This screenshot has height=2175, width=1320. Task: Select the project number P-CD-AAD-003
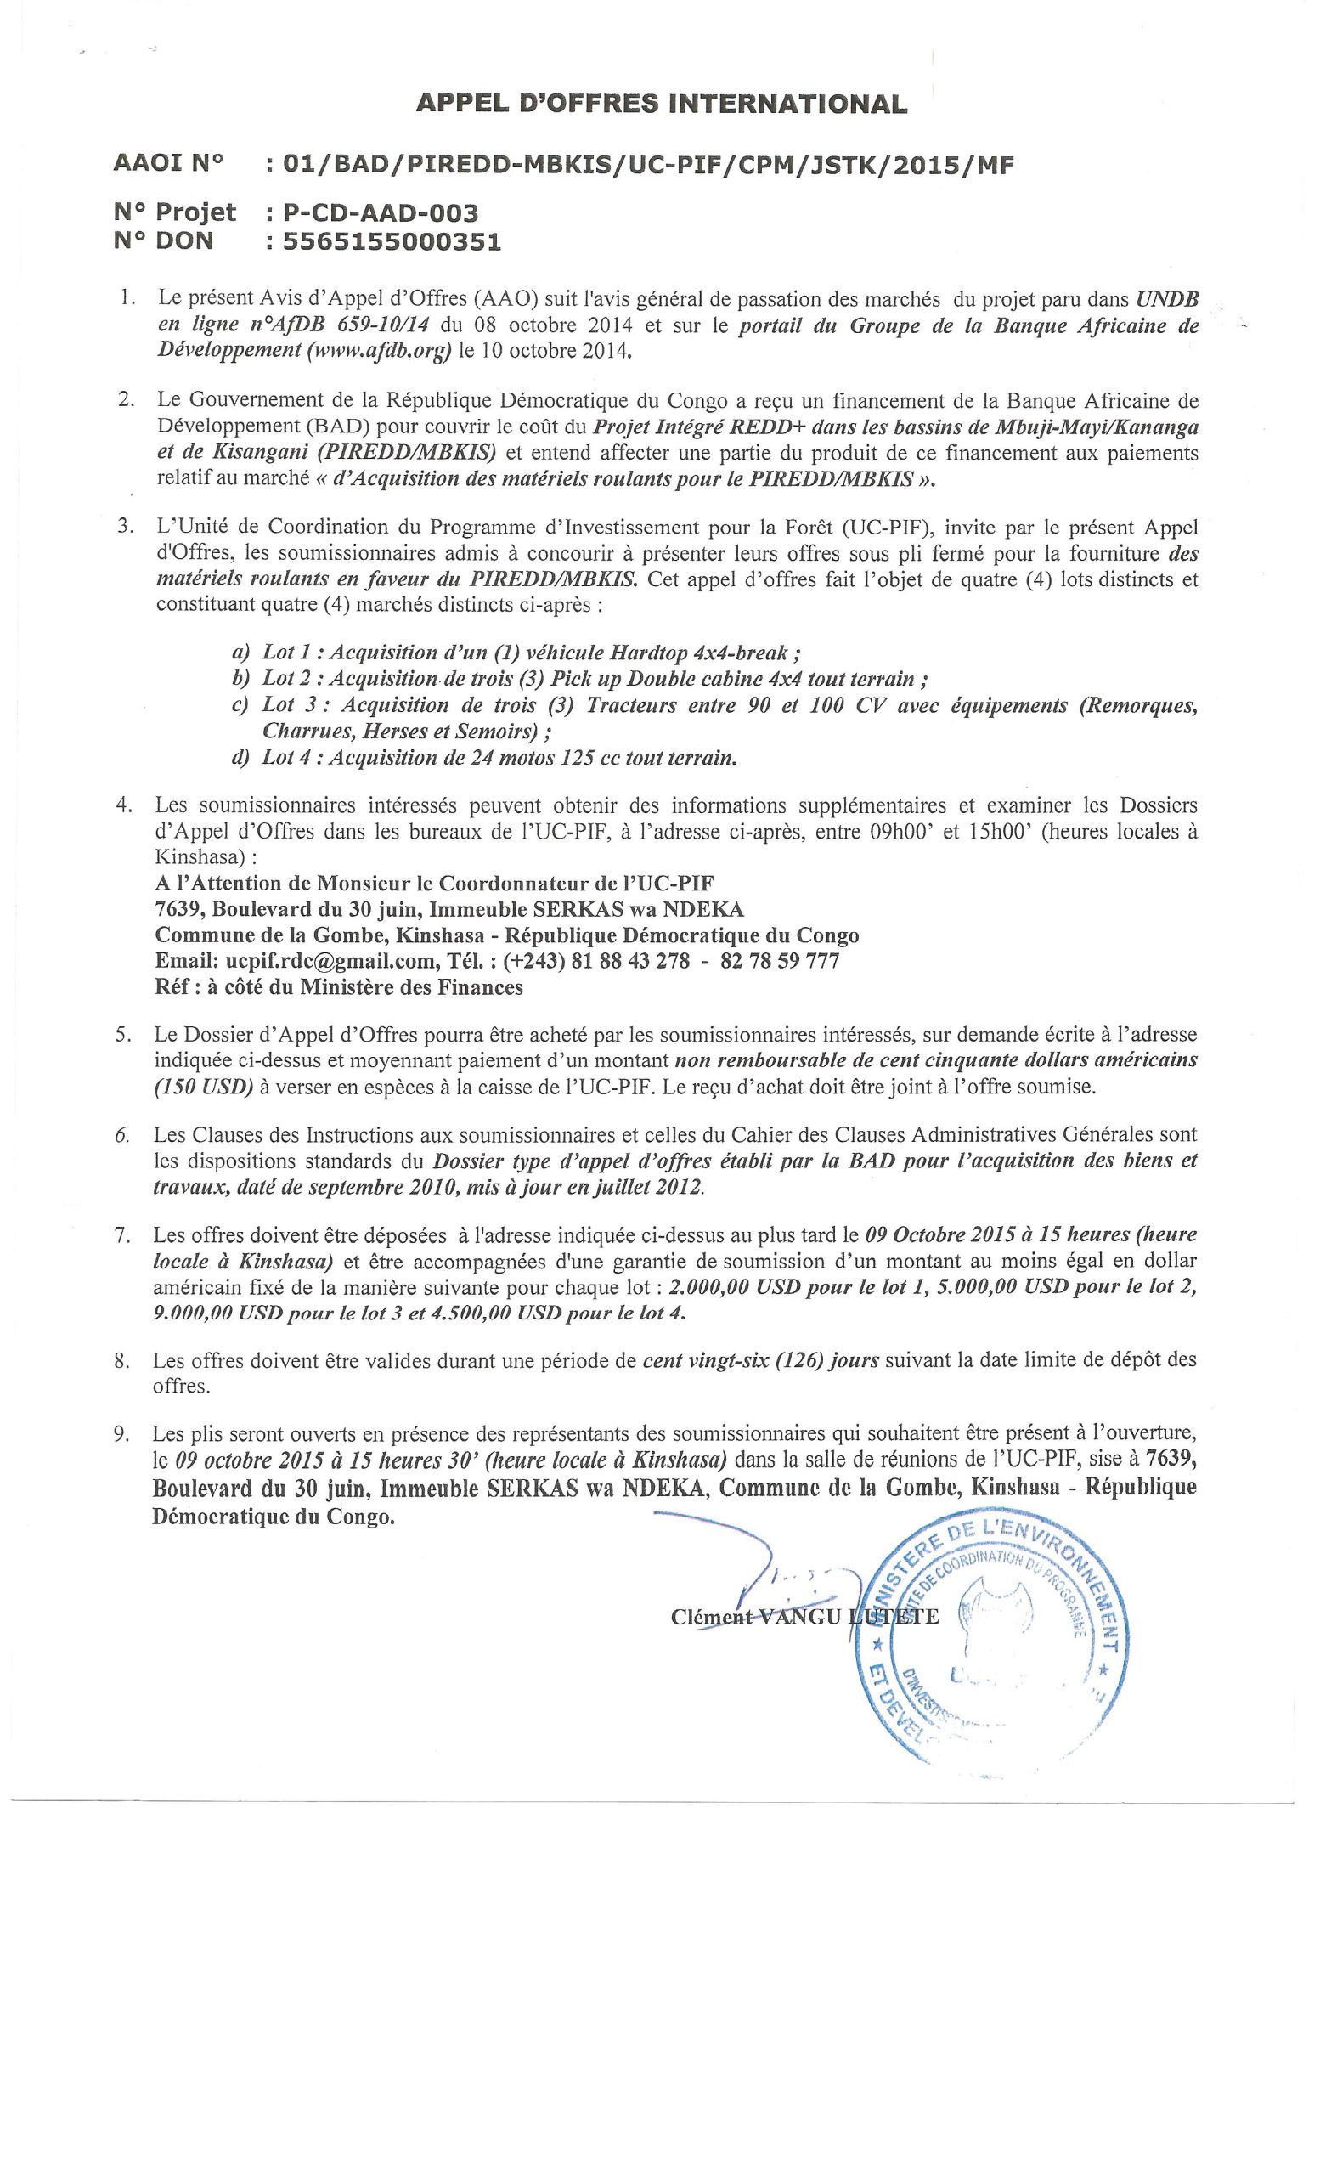(381, 212)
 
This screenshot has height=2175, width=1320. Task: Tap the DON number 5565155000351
(392, 241)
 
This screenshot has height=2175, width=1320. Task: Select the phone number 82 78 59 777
(779, 960)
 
